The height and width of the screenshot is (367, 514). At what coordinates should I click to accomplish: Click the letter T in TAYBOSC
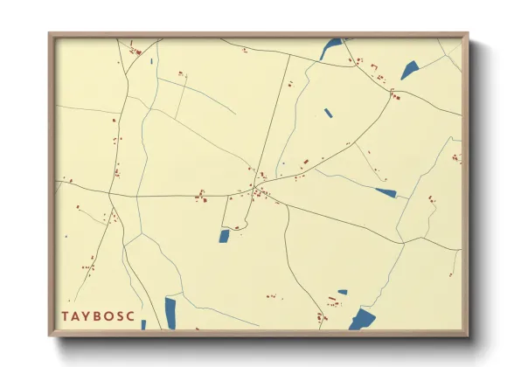click(66, 315)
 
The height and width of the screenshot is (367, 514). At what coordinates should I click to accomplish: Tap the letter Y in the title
click(91, 315)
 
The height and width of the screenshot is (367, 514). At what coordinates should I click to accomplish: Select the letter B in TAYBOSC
click(103, 315)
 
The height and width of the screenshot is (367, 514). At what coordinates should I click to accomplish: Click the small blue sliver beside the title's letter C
click(144, 325)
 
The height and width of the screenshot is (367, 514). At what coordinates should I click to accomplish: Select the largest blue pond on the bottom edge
click(362, 319)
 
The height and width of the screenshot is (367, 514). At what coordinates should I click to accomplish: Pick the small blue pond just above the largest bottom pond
click(343, 292)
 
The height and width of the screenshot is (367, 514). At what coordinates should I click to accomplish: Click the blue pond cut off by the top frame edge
click(331, 48)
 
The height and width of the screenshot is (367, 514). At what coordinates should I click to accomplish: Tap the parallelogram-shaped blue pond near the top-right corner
click(410, 70)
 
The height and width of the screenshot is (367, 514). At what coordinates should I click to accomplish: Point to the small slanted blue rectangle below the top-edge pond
click(329, 113)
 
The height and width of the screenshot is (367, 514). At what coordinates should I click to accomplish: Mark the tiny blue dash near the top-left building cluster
click(151, 61)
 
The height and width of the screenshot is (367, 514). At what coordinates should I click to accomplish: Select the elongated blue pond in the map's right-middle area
click(385, 192)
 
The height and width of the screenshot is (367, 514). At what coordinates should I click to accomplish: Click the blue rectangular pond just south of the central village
click(224, 236)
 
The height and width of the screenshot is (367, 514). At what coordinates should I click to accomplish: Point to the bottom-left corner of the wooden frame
click(50, 335)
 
